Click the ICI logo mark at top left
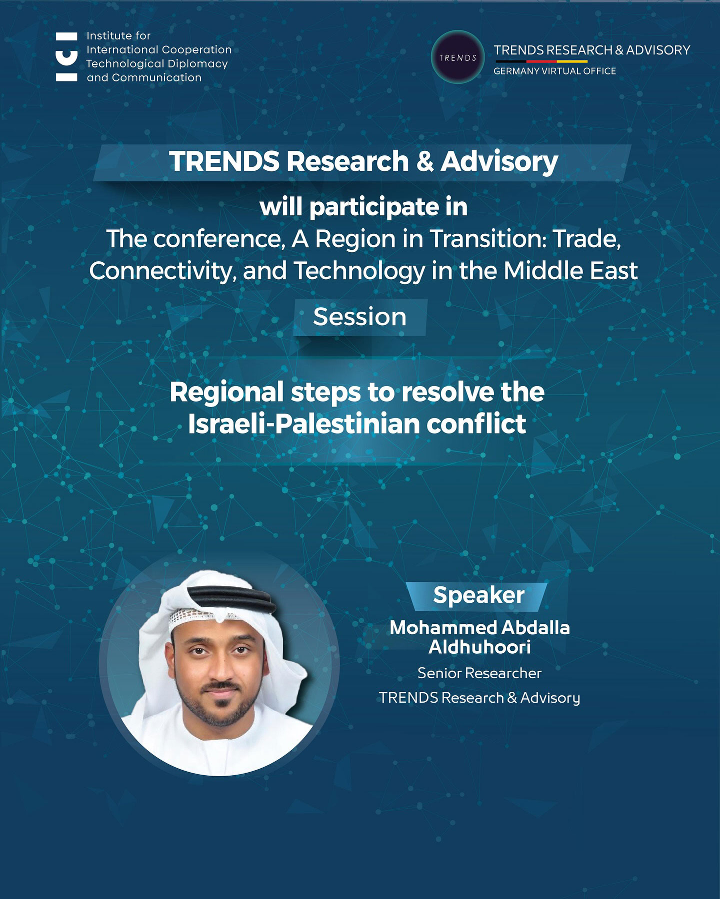pyautogui.click(x=66, y=56)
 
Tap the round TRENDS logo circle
pyautogui.click(x=457, y=57)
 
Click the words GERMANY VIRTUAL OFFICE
pyautogui.click(x=554, y=71)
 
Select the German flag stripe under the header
pyautogui.click(x=540, y=61)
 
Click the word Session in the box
pyautogui.click(x=360, y=317)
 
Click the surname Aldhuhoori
pyautogui.click(x=479, y=647)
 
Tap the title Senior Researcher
pyautogui.click(x=479, y=673)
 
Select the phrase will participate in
pyautogui.click(x=363, y=207)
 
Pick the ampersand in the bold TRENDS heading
pyautogui.click(x=424, y=162)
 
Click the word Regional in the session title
pyautogui.click(x=226, y=393)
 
